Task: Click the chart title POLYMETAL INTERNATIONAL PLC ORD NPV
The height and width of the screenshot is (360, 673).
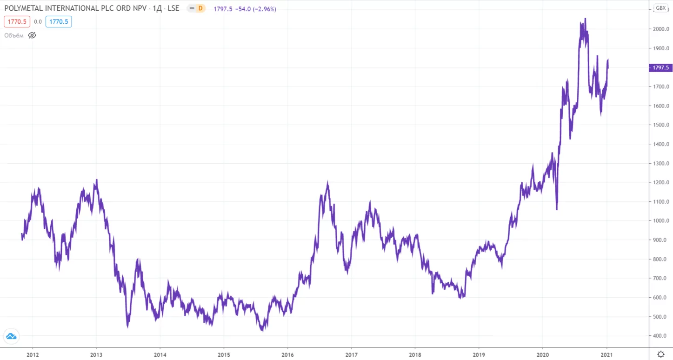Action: (x=75, y=8)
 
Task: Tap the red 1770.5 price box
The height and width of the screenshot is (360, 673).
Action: (x=17, y=22)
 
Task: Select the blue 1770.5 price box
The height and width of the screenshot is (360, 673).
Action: (x=59, y=22)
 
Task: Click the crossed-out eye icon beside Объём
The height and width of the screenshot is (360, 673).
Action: (x=32, y=35)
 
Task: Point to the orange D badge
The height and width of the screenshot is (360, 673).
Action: (x=200, y=8)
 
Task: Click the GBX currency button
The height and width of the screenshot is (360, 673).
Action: (x=661, y=8)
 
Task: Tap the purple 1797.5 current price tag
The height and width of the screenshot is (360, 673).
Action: (x=661, y=67)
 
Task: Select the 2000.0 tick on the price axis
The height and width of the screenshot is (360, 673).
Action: (x=661, y=29)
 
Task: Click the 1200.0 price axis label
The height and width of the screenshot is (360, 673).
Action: (x=661, y=182)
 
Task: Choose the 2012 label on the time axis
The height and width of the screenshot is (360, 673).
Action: (x=33, y=355)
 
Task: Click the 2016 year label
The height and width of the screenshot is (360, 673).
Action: (x=287, y=355)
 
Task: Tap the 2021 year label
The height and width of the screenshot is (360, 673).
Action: (x=606, y=355)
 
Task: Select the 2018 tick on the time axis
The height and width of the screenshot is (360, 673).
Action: (x=415, y=355)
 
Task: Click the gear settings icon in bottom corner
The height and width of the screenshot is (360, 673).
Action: (x=661, y=354)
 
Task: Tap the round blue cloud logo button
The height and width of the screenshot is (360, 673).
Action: (x=11, y=336)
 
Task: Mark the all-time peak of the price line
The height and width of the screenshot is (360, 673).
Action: (x=585, y=19)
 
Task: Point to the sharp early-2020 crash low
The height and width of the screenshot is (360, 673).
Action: (x=557, y=209)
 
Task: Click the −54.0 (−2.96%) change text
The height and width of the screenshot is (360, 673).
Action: (x=256, y=9)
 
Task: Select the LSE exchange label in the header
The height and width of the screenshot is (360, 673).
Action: (x=173, y=8)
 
